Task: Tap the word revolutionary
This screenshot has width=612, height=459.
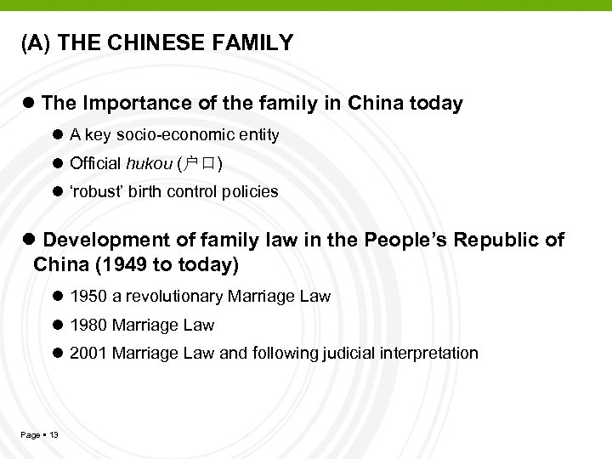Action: pos(187,297)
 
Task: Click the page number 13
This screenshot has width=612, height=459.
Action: pos(54,435)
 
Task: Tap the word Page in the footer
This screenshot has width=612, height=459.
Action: pos(31,435)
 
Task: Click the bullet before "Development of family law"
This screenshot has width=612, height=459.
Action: pos(30,241)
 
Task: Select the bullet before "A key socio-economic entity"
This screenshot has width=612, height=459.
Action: pos(58,135)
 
